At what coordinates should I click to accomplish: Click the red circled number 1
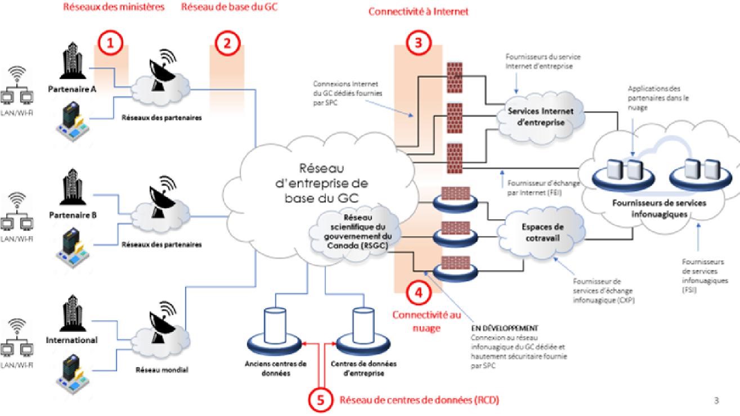click(111, 43)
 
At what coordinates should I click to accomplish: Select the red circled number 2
click(227, 43)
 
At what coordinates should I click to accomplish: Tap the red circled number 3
click(416, 43)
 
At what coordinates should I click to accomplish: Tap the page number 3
click(716, 401)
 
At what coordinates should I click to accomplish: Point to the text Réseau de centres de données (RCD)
click(419, 400)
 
